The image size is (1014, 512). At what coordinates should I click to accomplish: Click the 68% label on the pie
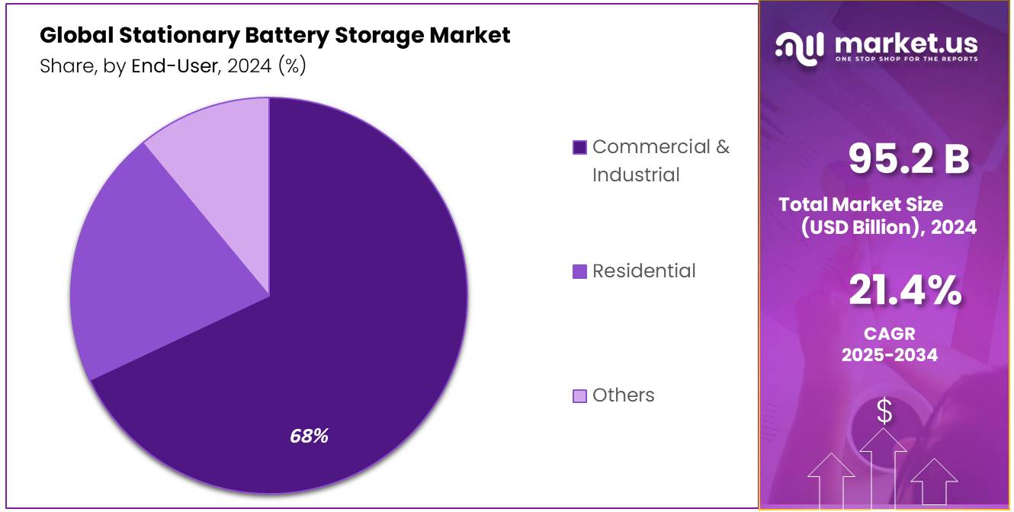pos(309,437)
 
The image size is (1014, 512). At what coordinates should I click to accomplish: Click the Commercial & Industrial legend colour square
pos(579,147)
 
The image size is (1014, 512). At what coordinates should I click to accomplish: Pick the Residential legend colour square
pos(579,271)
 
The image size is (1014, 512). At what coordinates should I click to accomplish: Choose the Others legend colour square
pos(579,395)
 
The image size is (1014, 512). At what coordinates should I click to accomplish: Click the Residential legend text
pos(643,271)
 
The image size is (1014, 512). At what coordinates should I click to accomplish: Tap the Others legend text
pos(623,395)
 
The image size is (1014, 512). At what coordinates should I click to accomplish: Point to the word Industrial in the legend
pos(636,174)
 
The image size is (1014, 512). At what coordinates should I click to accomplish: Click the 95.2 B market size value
pos(909,159)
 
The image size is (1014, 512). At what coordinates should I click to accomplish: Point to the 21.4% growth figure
pos(904,291)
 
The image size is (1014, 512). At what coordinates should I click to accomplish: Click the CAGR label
pos(889,334)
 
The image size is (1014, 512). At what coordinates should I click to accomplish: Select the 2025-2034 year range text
pos(889,355)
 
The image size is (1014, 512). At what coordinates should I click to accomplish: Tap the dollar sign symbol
pos(884,412)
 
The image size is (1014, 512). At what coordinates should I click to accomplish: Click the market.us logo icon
pos(800,46)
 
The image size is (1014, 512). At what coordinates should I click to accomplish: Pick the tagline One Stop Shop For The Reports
pos(906,59)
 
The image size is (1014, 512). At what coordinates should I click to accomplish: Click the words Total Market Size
pos(861,204)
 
